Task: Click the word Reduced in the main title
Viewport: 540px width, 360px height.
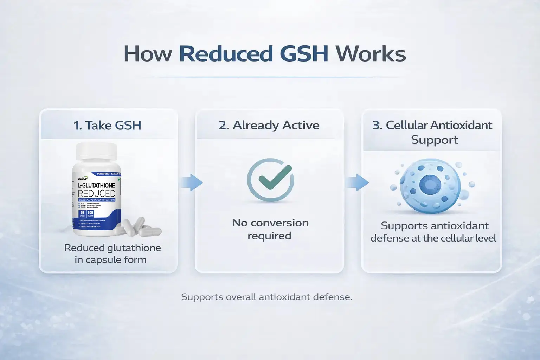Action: pyautogui.click(x=226, y=54)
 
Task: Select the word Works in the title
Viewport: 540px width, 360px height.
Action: pyautogui.click(x=371, y=54)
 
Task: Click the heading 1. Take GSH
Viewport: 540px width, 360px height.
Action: pyautogui.click(x=107, y=125)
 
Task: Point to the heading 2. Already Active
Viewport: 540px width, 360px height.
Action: pyautogui.click(x=269, y=125)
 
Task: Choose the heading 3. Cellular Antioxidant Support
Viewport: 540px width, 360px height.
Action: pyautogui.click(x=432, y=132)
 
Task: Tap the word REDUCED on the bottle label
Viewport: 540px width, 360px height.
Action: pyautogui.click(x=96, y=193)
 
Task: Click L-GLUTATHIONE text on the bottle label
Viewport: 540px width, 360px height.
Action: pyautogui.click(x=96, y=185)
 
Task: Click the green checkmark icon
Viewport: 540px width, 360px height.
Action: pyautogui.click(x=274, y=178)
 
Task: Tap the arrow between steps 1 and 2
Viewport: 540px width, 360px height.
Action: pyautogui.click(x=192, y=182)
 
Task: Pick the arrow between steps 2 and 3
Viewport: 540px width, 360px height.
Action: pyautogui.click(x=357, y=182)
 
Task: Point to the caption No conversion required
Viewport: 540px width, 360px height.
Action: pyautogui.click(x=270, y=229)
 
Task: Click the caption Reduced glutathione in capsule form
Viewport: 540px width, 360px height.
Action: pyautogui.click(x=112, y=253)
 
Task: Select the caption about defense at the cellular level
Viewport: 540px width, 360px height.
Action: pyautogui.click(x=434, y=232)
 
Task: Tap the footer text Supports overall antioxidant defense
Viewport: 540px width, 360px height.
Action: pyautogui.click(x=266, y=297)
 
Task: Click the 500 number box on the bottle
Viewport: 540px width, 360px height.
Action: pyautogui.click(x=90, y=213)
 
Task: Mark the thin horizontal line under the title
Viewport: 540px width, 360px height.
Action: pyautogui.click(x=270, y=77)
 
